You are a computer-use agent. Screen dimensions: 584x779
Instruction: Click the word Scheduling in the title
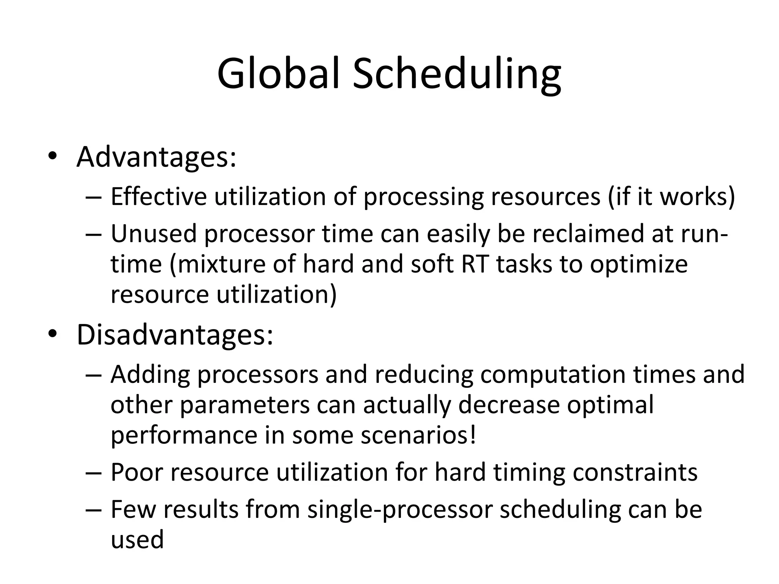456,74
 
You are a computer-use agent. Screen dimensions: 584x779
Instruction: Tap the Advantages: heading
156,157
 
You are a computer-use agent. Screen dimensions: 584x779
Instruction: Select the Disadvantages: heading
175,335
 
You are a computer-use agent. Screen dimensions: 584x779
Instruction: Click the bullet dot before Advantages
52,157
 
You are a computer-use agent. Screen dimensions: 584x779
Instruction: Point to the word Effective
159,197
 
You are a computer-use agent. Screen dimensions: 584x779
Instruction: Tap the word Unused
154,233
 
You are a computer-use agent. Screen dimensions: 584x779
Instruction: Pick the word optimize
639,265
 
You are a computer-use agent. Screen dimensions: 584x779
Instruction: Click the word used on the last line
137,540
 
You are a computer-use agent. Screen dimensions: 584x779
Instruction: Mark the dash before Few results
94,510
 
